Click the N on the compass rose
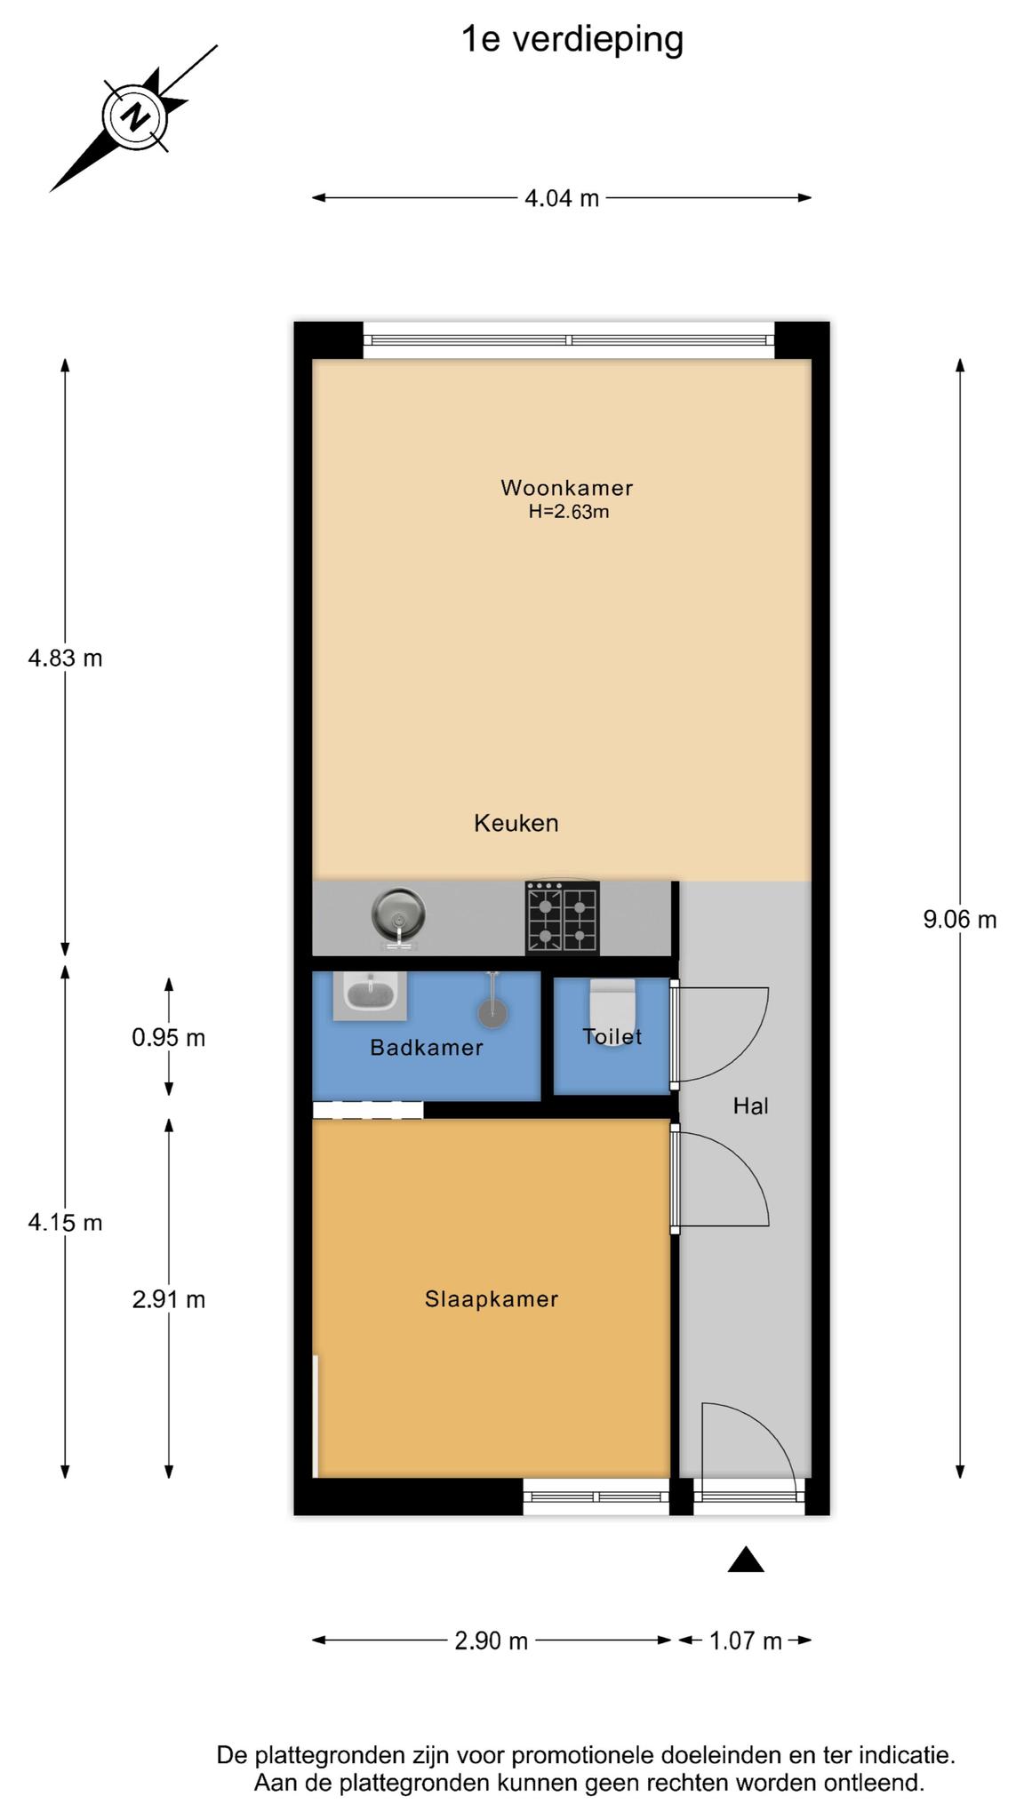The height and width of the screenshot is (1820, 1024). (x=136, y=116)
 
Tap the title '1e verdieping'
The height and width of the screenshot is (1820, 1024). (x=572, y=40)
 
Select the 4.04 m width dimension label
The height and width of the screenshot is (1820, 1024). (x=562, y=198)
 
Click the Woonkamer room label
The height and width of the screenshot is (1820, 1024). (x=566, y=487)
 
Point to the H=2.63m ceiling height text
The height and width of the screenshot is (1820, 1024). (x=569, y=512)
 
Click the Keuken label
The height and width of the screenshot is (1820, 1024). (x=516, y=823)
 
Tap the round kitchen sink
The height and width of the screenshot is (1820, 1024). (x=398, y=915)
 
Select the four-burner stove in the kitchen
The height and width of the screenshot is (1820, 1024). (x=563, y=917)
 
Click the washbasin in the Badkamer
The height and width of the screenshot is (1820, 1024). (x=370, y=995)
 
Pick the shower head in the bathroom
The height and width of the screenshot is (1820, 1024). (x=492, y=1002)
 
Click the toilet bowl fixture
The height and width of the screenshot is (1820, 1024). (x=612, y=1010)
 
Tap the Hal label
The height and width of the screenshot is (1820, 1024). (x=750, y=1106)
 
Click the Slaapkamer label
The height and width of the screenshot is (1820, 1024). (x=492, y=1299)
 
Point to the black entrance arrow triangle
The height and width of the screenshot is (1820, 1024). (x=746, y=1560)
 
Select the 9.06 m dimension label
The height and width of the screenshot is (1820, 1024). (x=960, y=920)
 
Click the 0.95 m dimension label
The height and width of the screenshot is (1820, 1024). (x=169, y=1037)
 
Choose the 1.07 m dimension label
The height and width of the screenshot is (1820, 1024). (x=746, y=1640)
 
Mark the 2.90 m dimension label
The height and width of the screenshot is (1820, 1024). (x=492, y=1640)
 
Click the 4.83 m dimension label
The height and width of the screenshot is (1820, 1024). (x=65, y=659)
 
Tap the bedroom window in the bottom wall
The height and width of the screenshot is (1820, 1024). (x=596, y=1497)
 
